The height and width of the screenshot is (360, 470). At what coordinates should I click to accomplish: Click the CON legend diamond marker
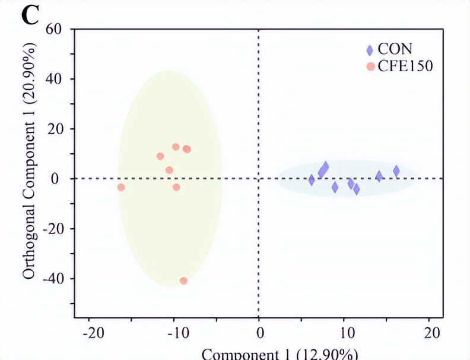pyautogui.click(x=370, y=50)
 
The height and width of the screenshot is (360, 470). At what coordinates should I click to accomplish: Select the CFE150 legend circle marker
pyautogui.click(x=370, y=67)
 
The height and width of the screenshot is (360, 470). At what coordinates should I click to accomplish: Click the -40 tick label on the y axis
pyautogui.click(x=52, y=279)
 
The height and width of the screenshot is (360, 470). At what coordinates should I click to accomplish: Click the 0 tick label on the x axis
pyautogui.click(x=259, y=333)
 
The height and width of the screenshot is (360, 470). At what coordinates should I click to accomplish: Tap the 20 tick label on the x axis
pyautogui.click(x=434, y=333)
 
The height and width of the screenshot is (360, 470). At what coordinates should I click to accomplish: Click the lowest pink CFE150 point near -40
pyautogui.click(x=183, y=281)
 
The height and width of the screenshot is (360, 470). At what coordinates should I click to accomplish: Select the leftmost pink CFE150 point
pyautogui.click(x=121, y=187)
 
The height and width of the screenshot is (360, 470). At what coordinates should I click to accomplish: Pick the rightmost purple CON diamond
pyautogui.click(x=396, y=171)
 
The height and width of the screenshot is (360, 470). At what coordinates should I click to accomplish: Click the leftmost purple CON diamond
pyautogui.click(x=312, y=180)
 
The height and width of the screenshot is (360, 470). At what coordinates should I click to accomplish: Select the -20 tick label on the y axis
pyautogui.click(x=52, y=229)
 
